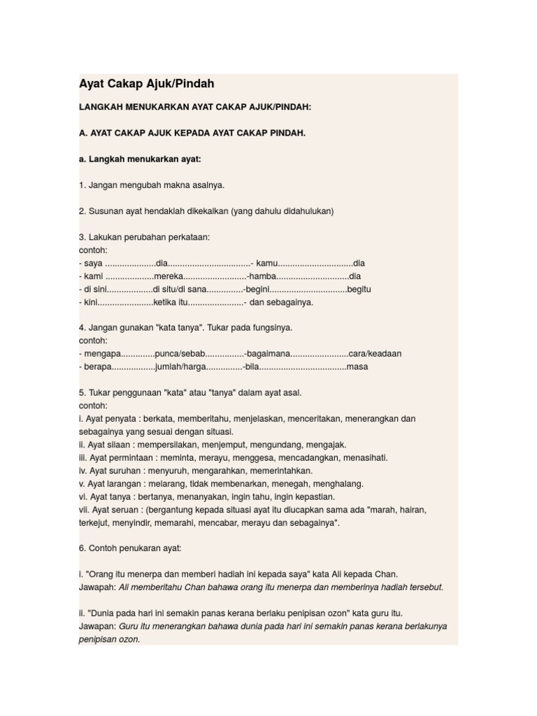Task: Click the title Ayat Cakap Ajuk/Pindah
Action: pos(146,84)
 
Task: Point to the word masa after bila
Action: pos(357,366)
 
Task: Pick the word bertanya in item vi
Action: pos(158,496)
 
